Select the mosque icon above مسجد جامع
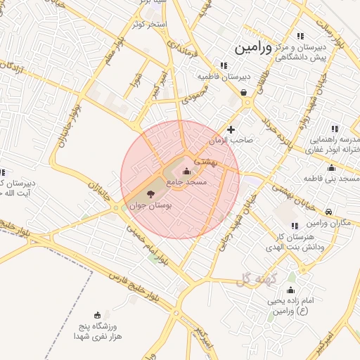[x=186, y=171]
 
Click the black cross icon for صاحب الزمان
[x=231, y=129]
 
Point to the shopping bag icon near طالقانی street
[x=243, y=91]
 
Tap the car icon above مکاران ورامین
[x=328, y=212]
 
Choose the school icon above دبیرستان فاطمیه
[x=224, y=65]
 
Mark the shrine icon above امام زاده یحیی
[x=290, y=290]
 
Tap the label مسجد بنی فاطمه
[x=331, y=179]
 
